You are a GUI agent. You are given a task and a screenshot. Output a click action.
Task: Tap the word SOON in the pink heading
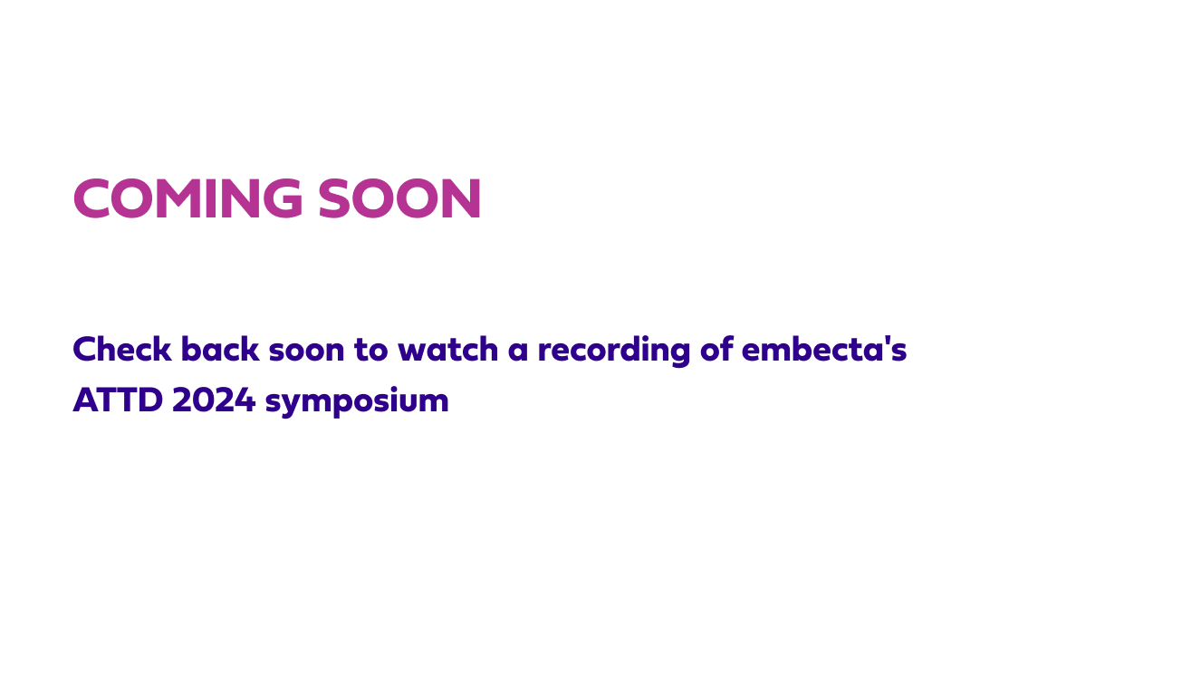coord(399,199)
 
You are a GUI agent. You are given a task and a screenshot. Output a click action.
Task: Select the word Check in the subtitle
coord(121,349)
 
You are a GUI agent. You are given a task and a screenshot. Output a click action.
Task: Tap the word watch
coord(447,349)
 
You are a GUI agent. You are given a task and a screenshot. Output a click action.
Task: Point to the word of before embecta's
coord(716,349)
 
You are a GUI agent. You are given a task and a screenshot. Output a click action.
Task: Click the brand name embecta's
coord(823,349)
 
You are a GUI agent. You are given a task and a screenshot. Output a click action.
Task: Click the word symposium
coord(357,402)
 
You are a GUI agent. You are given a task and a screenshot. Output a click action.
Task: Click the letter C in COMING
coord(91,199)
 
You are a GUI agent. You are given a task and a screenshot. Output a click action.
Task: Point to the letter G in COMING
coord(283,199)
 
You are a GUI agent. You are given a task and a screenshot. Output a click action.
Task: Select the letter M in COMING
coord(178,199)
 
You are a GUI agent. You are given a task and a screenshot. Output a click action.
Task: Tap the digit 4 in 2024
coord(246,400)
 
